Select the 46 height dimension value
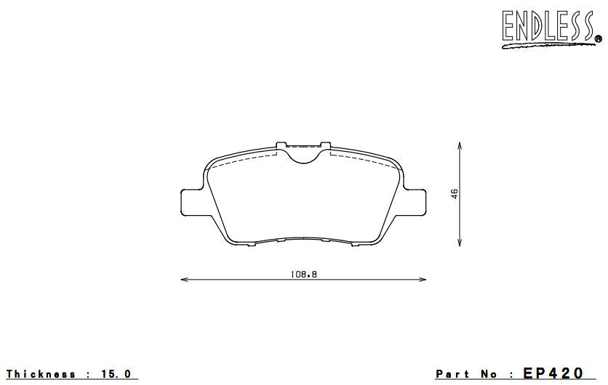coord(455,194)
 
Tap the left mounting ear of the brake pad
coord(190,201)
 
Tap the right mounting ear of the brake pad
coord(415,201)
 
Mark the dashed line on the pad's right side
coord(364,157)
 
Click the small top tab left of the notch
coord(281,145)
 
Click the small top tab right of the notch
coord(326,145)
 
